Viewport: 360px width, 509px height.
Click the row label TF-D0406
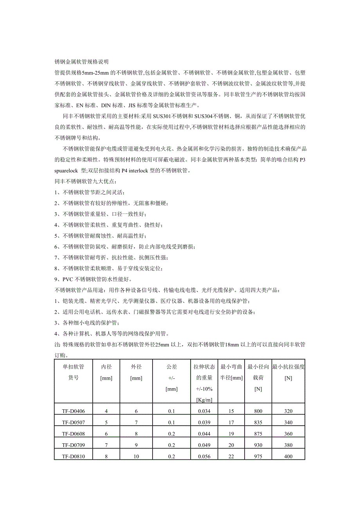[73, 411]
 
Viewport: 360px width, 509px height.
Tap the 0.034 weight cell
[204, 411]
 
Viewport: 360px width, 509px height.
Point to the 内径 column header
[106, 367]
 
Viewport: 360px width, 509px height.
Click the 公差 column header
[171, 367]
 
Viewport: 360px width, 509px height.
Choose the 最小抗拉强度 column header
[288, 367]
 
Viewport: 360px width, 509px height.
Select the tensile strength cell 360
[288, 434]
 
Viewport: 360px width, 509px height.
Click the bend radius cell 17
[231, 423]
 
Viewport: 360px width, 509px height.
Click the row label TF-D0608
[73, 434]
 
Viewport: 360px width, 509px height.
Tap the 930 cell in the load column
[258, 445]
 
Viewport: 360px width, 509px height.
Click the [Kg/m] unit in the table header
[204, 400]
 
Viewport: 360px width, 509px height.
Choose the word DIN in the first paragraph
[106, 106]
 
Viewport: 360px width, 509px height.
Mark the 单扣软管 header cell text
[73, 367]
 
